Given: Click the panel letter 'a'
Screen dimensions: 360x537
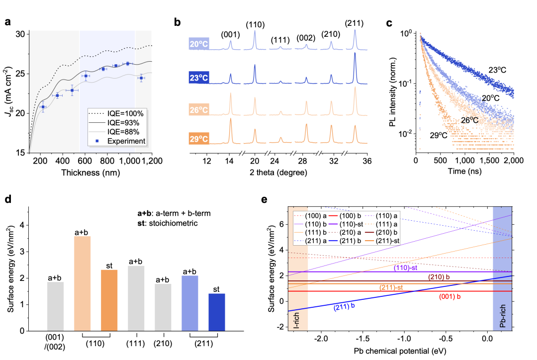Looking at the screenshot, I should pyautogui.click(x=8, y=22).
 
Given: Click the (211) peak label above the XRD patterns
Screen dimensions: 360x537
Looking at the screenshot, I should pyautogui.click(x=355, y=23).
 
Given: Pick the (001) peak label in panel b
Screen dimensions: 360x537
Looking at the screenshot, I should pyautogui.click(x=231, y=35).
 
